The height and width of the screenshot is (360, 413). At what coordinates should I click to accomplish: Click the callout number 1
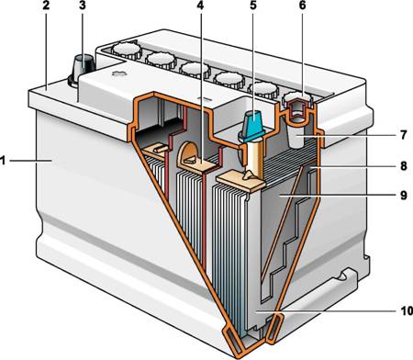pos(3,161)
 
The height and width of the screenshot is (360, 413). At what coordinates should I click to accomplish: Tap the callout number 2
pos(46,6)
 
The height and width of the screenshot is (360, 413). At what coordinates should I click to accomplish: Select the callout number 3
pos(82,6)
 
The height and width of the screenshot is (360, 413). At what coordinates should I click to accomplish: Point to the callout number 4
pos(200,6)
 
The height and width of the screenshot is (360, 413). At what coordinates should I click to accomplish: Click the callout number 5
pos(253,6)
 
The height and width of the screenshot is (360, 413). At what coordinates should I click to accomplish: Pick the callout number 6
pos(302,6)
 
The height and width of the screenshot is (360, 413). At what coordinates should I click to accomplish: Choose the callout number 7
pos(404,135)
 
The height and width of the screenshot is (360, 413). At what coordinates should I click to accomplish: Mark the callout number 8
pos(404,165)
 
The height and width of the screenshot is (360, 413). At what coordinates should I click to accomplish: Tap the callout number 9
pos(404,195)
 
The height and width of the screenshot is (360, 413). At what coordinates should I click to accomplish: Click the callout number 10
pos(407,311)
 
